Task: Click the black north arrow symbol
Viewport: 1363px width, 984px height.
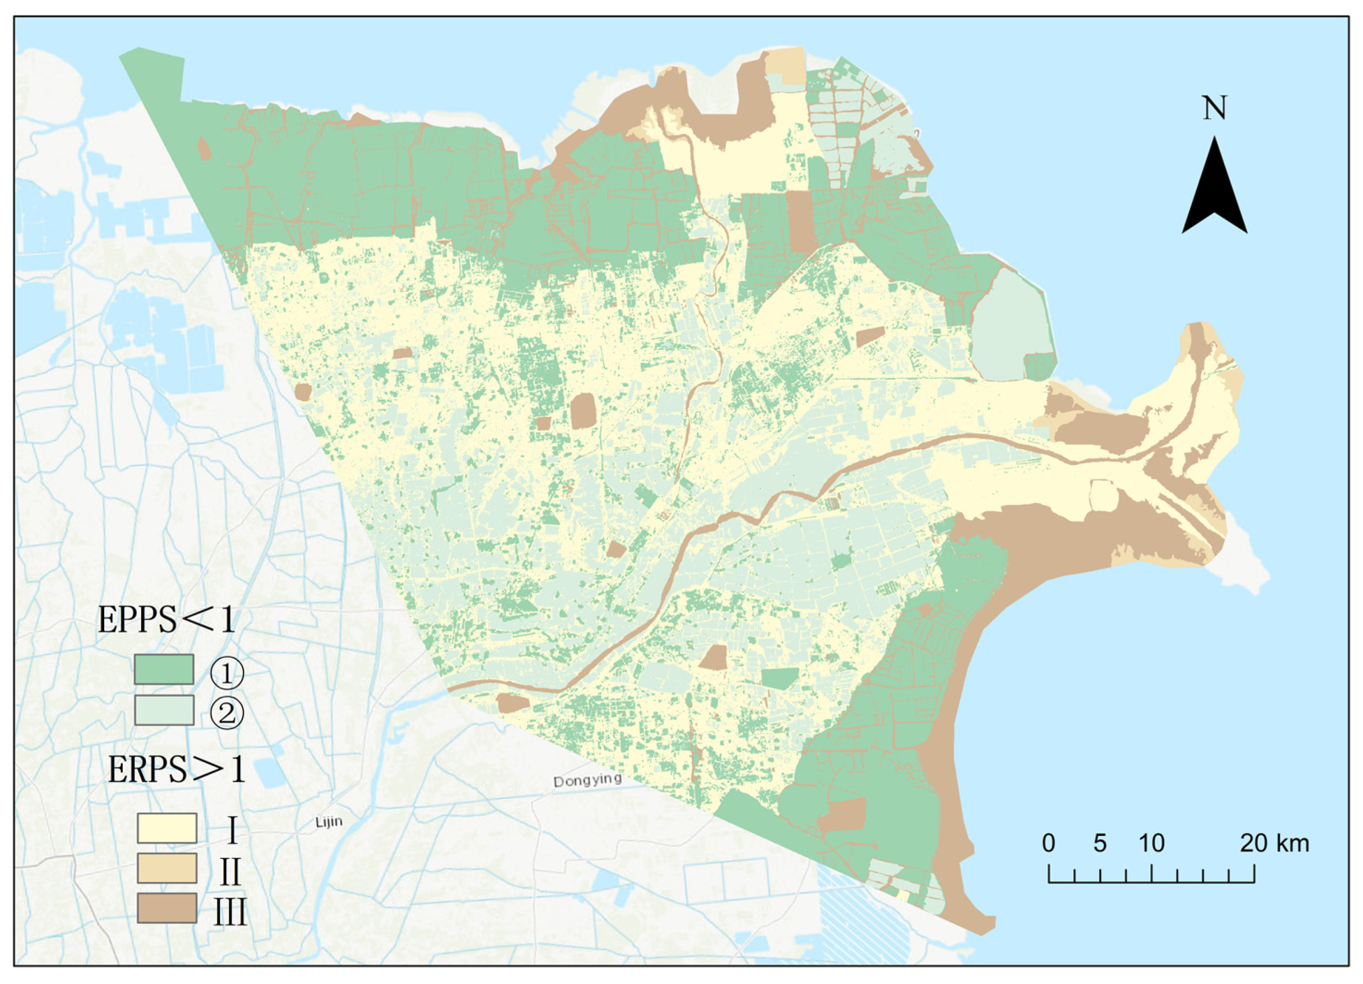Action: pyautogui.click(x=1214, y=192)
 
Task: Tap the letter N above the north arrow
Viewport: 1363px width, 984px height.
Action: pyautogui.click(x=1214, y=109)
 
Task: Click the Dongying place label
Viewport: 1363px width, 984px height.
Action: pyautogui.click(x=587, y=781)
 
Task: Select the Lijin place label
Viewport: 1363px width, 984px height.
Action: pyautogui.click(x=329, y=822)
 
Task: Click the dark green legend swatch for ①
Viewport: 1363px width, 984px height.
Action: pyautogui.click(x=164, y=669)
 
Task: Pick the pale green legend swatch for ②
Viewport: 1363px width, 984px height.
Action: pyautogui.click(x=164, y=710)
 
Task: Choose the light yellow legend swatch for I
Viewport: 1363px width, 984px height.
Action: pyautogui.click(x=167, y=828)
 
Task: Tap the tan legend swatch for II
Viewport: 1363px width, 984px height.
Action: pyautogui.click(x=167, y=868)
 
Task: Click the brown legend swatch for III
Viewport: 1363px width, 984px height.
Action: pyautogui.click(x=167, y=908)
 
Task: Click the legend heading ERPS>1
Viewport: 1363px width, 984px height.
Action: pyautogui.click(x=176, y=769)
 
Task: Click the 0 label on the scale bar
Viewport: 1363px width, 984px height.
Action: pyautogui.click(x=1048, y=843)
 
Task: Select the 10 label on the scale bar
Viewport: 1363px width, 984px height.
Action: pyautogui.click(x=1151, y=843)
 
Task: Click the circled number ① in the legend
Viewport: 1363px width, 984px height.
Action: pyautogui.click(x=227, y=673)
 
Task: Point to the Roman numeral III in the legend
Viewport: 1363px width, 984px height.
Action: pyautogui.click(x=230, y=912)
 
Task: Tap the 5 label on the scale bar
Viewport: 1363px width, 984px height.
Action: pyautogui.click(x=1100, y=843)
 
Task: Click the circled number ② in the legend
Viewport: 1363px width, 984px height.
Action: pyautogui.click(x=227, y=714)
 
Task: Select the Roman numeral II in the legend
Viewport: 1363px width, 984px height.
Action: pyautogui.click(x=230, y=872)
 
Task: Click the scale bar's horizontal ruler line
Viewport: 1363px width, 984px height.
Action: pyautogui.click(x=1151, y=882)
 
